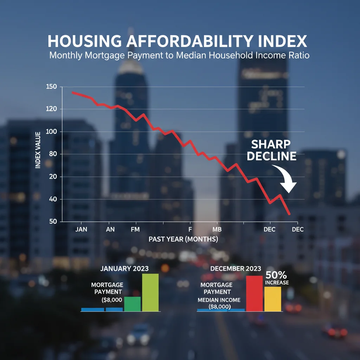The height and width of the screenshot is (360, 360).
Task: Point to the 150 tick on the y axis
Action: point(51,87)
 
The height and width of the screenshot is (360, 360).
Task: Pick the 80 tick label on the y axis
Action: point(53,154)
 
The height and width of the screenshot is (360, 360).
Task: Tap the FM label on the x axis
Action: point(135,229)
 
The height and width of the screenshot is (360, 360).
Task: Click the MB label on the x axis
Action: point(217,229)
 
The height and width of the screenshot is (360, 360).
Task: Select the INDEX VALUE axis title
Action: point(38,149)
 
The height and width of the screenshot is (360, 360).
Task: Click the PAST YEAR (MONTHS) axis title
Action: point(183,239)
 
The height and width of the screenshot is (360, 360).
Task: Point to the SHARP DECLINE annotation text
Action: point(271,150)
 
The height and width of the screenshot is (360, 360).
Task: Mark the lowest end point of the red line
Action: point(289,214)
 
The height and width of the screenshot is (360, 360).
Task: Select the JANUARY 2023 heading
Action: point(124,269)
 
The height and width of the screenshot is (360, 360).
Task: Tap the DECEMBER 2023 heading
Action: point(236,269)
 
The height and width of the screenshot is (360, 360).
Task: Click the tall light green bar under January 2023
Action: point(150,292)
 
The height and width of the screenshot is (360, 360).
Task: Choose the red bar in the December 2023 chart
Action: point(254,294)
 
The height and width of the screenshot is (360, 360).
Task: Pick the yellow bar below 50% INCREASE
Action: point(272,299)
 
